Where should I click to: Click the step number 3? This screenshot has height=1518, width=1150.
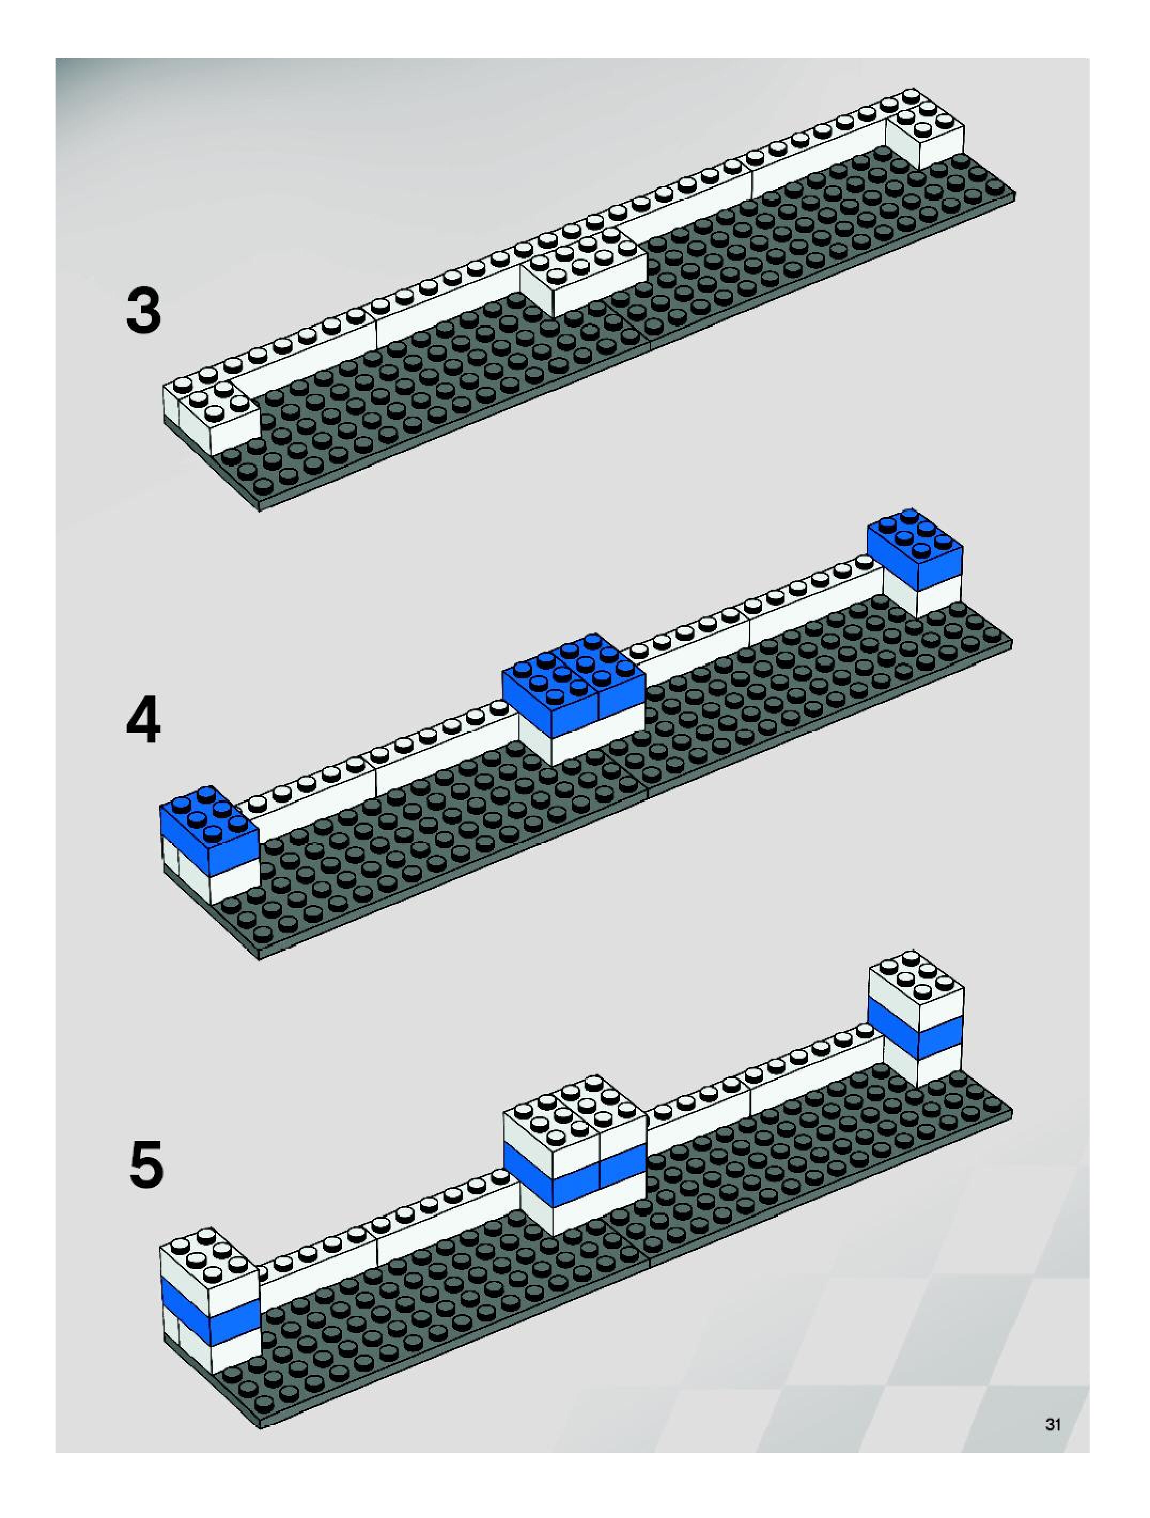click(x=144, y=312)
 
